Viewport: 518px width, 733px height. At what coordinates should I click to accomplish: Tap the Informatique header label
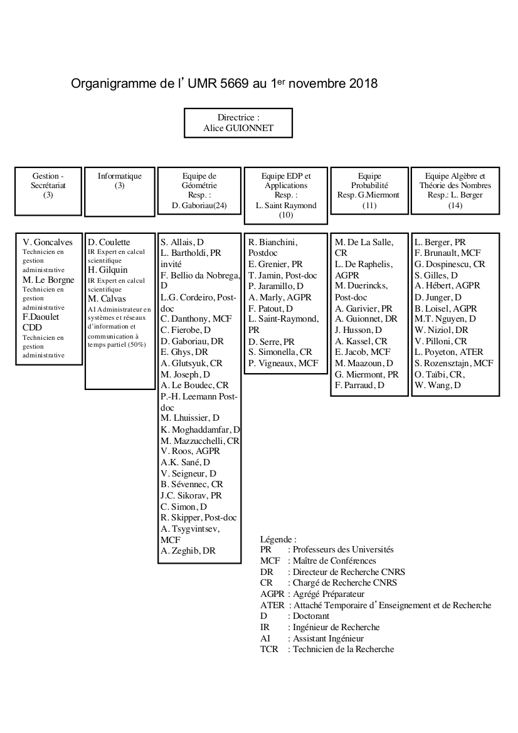pos(120,176)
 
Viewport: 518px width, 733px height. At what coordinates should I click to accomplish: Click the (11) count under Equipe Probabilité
pos(369,205)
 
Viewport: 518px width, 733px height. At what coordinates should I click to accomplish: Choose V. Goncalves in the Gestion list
pos(48,242)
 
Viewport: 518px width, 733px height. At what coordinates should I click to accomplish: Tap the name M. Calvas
pos(107,298)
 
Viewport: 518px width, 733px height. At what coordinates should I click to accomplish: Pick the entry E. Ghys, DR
pos(184,352)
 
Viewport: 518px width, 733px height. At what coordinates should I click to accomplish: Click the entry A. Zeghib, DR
pos(188,551)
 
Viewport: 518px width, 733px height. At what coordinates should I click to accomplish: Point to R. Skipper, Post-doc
pos(198,517)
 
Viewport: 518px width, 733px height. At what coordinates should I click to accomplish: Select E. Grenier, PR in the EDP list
pos(275,265)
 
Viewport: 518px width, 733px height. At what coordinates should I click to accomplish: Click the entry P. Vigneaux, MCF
pos(283,363)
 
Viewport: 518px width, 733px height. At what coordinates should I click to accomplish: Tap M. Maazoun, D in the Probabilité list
pos(364,363)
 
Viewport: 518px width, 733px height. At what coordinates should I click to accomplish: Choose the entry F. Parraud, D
pos(359,385)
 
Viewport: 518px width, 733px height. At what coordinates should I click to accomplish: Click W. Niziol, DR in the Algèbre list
pos(441,330)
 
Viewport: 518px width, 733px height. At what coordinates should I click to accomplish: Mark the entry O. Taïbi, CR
pos(439,374)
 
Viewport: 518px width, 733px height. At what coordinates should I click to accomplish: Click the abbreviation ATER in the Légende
pos(272,605)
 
